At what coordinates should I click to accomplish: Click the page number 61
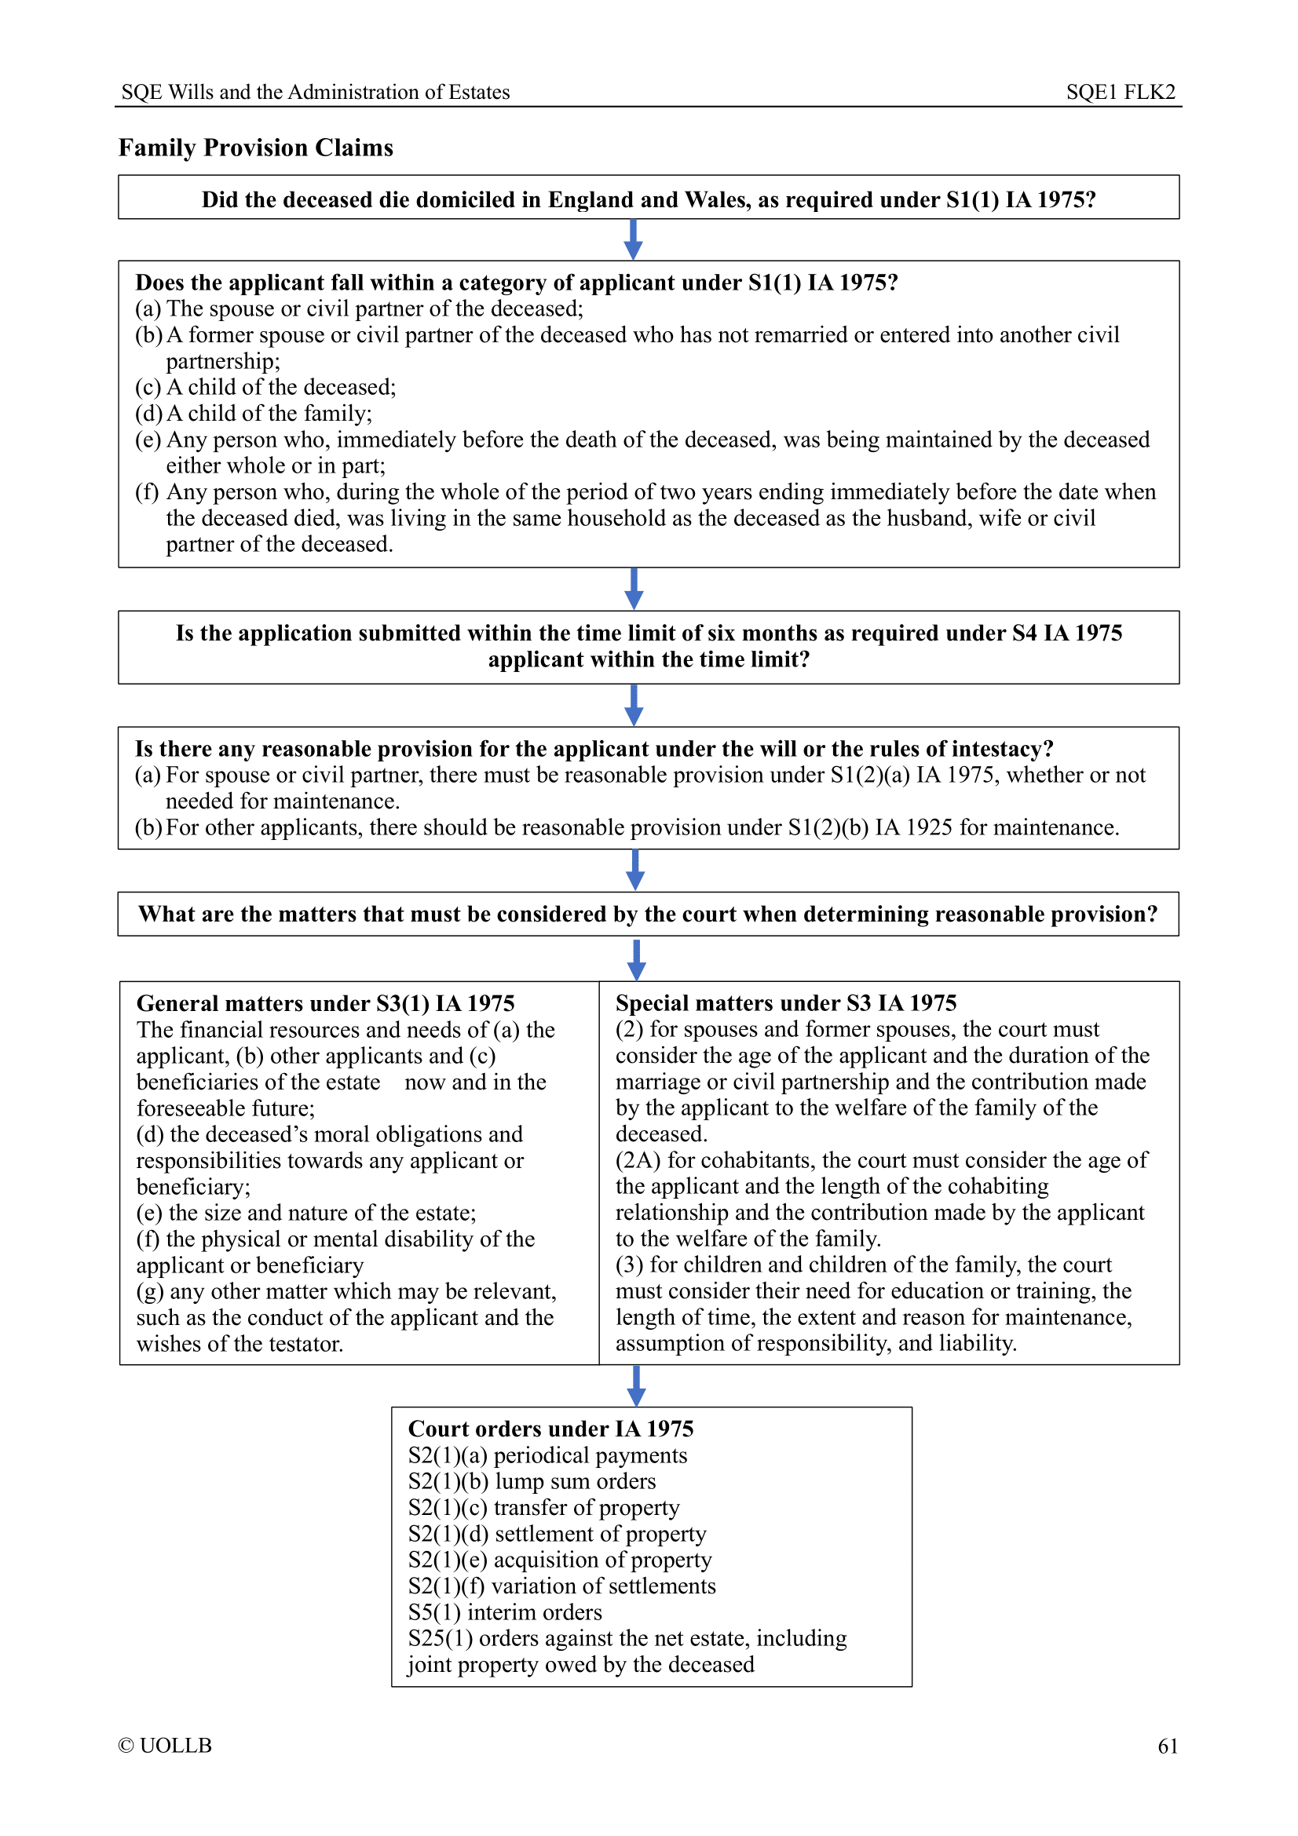1167,1747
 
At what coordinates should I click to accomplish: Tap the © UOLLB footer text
165,1746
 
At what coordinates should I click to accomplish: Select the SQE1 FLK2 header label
1120,92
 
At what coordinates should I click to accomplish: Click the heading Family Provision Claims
256,148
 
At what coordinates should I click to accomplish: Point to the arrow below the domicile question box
634,239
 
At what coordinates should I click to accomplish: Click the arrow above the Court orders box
637,1385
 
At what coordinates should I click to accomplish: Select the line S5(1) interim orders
505,1612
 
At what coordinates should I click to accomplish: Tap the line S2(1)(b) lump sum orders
532,1481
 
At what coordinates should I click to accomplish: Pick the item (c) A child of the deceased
265,387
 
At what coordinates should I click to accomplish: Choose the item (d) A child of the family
254,414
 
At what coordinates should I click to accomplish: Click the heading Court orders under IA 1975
550,1429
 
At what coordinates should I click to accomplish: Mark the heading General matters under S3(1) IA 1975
326,1004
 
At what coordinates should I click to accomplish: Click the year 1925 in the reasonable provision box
928,827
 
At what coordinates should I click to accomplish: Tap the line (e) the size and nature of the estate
306,1213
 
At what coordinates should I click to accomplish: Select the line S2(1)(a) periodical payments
548,1455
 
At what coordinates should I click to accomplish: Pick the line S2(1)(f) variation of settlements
561,1586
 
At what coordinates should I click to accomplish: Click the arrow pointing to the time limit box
634,589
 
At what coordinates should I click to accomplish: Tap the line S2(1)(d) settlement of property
557,1534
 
